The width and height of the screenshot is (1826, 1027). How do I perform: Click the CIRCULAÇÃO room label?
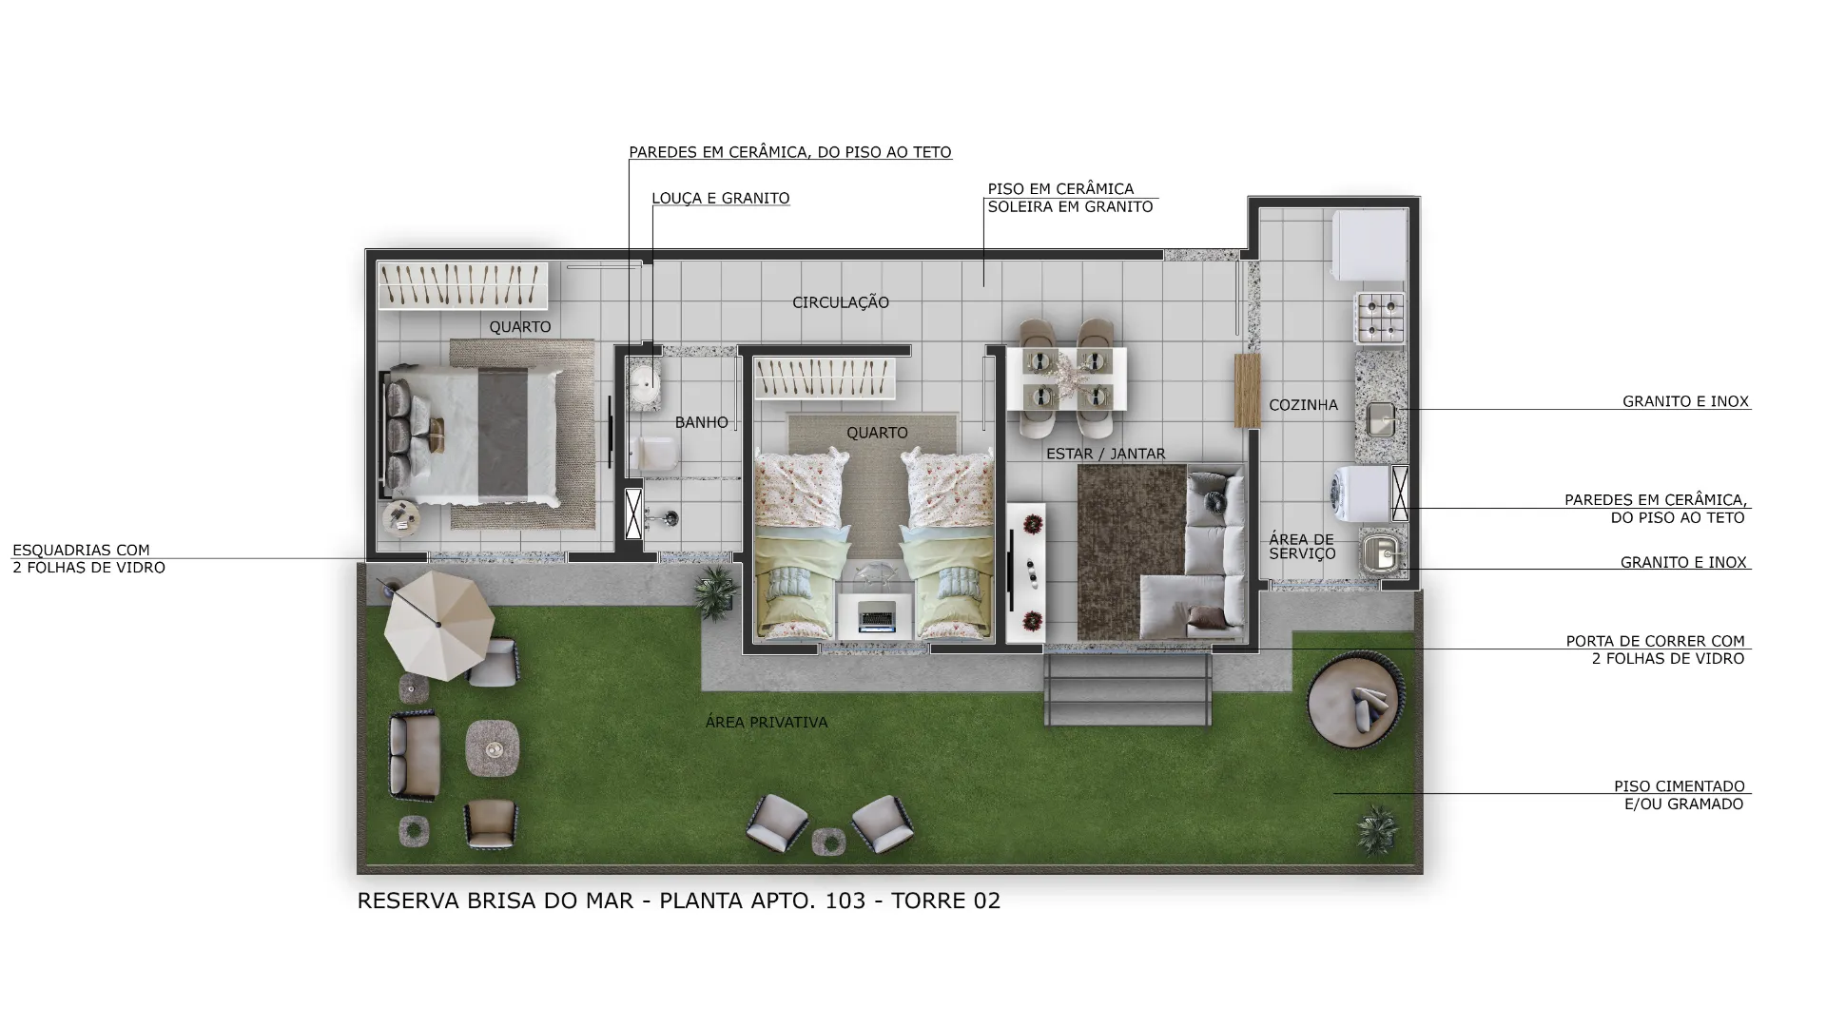tap(841, 302)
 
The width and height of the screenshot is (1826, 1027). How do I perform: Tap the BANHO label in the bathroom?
tap(702, 422)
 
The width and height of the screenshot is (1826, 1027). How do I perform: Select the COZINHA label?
tap(1303, 405)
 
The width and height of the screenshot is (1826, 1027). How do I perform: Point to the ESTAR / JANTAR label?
tap(1105, 454)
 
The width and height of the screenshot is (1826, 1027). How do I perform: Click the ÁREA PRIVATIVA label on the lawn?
tap(767, 722)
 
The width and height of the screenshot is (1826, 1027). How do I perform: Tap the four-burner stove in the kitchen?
tap(1380, 318)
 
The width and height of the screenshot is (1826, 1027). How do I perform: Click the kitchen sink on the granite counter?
tap(1381, 419)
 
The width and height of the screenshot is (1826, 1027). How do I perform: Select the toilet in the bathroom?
tap(654, 454)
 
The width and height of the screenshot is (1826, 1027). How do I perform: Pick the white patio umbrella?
tap(438, 624)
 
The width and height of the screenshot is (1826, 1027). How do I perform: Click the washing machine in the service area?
tap(1362, 493)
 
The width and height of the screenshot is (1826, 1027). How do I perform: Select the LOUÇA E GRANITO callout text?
tap(721, 199)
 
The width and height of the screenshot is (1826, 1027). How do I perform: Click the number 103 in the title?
tap(845, 901)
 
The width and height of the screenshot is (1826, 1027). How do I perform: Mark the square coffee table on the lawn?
tap(493, 748)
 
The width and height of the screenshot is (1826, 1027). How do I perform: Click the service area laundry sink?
tap(1382, 552)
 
